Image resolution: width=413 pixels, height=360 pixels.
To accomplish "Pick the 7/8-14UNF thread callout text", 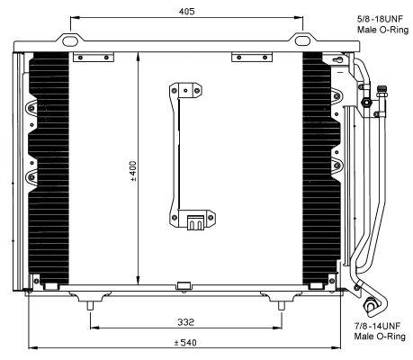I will coord(376,325).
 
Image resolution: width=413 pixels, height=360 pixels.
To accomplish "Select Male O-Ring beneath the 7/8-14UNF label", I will coord(376,337).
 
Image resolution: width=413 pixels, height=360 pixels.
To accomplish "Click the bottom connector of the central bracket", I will coord(193,221).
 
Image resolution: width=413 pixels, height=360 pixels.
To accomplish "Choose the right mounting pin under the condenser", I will coord(283,309).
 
